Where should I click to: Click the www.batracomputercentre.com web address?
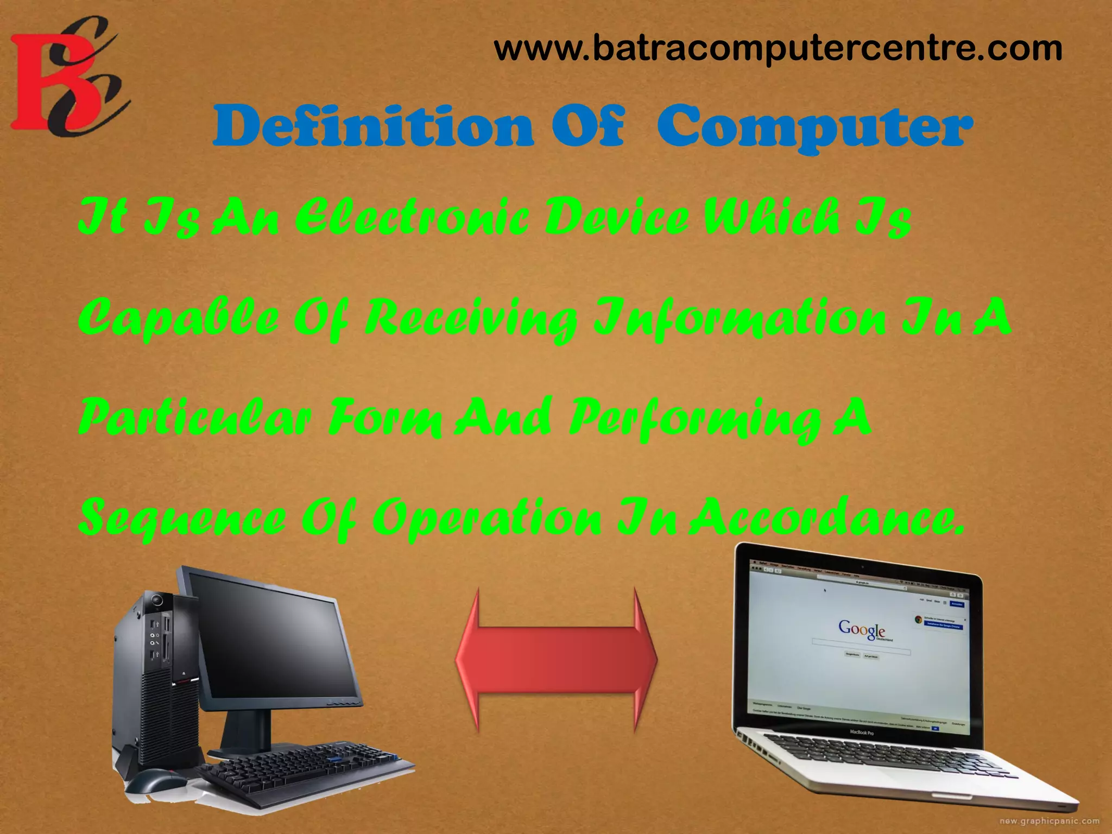[x=778, y=49]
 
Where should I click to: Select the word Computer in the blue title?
[x=814, y=127]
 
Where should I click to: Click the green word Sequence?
[x=182, y=519]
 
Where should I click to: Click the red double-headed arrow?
[x=557, y=660]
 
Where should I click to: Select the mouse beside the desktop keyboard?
[x=155, y=782]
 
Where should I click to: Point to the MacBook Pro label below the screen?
[x=862, y=733]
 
